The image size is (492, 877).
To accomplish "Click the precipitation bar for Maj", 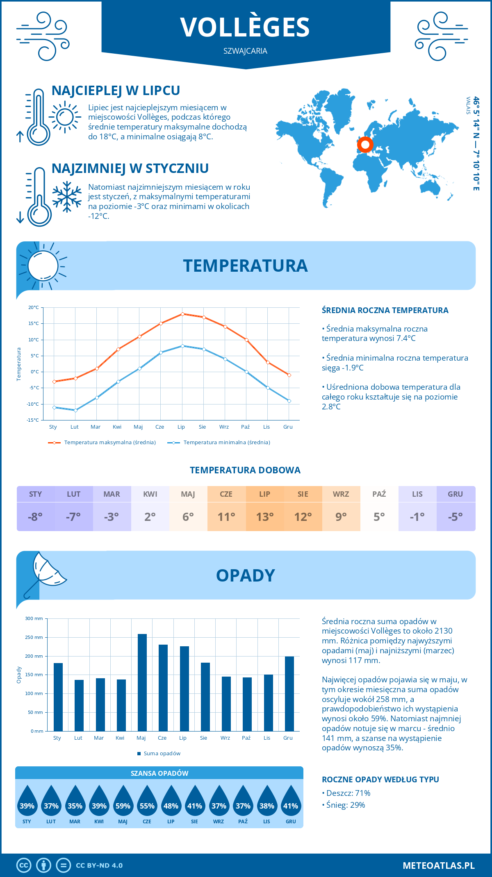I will coord(142,682).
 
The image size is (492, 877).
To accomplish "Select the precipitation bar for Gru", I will coord(289,693).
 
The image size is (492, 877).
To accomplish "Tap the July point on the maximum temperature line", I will coord(182,314).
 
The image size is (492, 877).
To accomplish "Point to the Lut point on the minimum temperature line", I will coord(75,410).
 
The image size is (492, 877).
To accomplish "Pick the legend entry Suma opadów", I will coord(162,754).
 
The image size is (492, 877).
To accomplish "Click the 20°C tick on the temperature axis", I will coord(34,307).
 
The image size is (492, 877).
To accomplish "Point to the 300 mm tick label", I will coord(34,618).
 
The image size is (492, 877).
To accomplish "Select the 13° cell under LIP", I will coord(265,517).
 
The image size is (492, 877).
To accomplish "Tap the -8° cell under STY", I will coord(35,517).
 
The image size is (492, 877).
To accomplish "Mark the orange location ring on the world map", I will coord(365,145).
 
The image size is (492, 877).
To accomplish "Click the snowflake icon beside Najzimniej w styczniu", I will coord(67,197).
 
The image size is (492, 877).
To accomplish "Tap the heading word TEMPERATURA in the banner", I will coord(245,266).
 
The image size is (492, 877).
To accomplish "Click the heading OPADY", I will coord(245,575).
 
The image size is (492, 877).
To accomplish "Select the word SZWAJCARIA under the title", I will coord(245,51).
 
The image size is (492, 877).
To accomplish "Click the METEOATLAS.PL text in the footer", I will coord(438,866).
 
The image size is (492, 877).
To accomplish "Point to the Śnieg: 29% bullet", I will coord(345,805).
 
